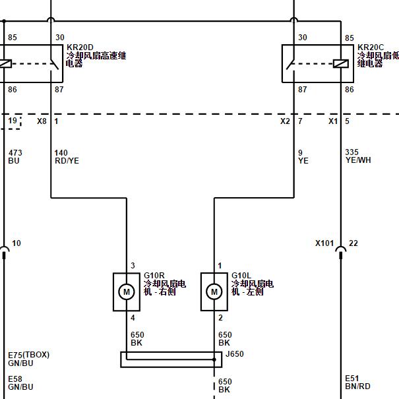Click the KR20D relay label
(x=80, y=47)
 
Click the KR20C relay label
(x=371, y=47)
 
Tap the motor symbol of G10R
(x=127, y=292)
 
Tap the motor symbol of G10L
(x=214, y=292)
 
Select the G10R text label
(x=154, y=275)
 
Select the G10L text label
(x=241, y=275)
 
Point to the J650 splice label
(x=235, y=353)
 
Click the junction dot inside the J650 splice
(x=214, y=359)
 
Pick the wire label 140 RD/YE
(x=67, y=157)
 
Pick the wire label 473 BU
(x=15, y=157)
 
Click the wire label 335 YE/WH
(x=358, y=156)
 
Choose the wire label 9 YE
(x=303, y=157)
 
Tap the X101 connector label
(x=324, y=243)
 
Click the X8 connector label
(x=42, y=121)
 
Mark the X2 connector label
(x=285, y=121)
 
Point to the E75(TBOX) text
(x=29, y=355)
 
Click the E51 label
(x=352, y=378)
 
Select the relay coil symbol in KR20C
(x=341, y=63)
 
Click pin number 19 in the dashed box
(x=13, y=121)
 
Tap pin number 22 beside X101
(x=353, y=243)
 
